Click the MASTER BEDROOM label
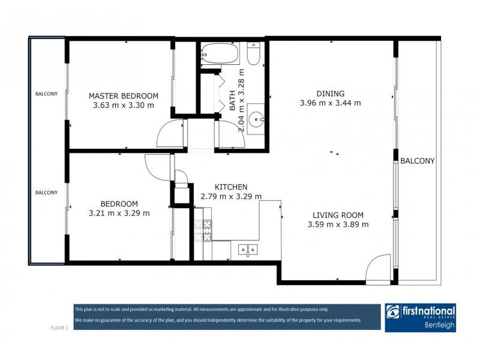click(x=123, y=95)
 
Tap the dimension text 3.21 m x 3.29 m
click(x=119, y=213)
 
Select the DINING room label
click(x=330, y=93)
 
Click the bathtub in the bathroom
click(x=220, y=54)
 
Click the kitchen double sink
click(x=247, y=249)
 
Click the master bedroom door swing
click(x=170, y=135)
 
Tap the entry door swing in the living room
click(x=379, y=269)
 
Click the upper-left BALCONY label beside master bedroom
click(x=46, y=94)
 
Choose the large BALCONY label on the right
click(x=417, y=161)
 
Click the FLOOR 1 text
click(x=59, y=328)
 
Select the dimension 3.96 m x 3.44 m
click(x=330, y=103)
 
